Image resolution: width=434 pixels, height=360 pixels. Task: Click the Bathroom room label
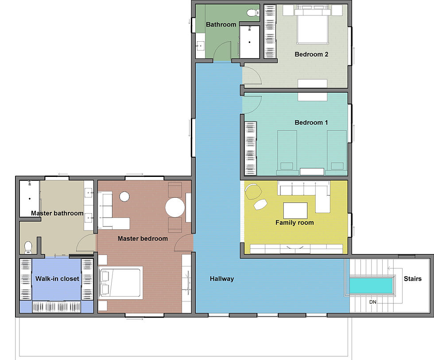coord(221,24)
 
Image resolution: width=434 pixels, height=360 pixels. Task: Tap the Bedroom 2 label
coord(311,55)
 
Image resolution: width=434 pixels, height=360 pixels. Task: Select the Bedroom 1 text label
coord(311,122)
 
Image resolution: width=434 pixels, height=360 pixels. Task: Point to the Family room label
coord(294,223)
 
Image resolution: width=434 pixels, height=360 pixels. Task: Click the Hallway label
coord(221,279)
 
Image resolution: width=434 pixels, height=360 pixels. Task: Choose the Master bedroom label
coord(143,239)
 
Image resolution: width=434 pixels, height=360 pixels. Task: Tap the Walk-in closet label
coord(57,278)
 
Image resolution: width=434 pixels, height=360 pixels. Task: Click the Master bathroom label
coord(57,213)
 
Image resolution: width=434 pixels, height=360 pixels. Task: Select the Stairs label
coord(412,279)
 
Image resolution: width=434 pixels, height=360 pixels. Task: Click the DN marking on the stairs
coord(373,301)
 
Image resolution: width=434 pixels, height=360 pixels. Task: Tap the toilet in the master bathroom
coord(28,247)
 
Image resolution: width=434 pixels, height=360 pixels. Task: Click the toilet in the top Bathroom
coord(253,13)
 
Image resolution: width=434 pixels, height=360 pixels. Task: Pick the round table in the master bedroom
coord(174,207)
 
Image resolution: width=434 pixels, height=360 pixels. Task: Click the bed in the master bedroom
coord(120,283)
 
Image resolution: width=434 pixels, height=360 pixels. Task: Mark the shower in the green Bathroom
coord(249,42)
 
